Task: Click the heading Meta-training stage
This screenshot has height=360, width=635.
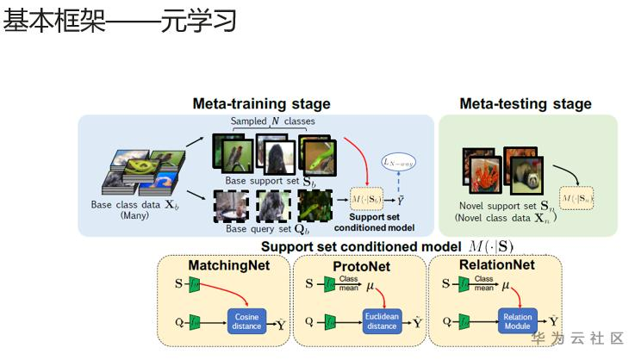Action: (261, 104)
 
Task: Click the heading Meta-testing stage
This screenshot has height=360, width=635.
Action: (526, 104)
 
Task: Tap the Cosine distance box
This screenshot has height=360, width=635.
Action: (246, 322)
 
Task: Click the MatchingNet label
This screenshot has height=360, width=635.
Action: (229, 265)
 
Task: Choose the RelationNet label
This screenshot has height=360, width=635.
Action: (494, 265)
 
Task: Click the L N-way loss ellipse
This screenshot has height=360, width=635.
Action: (398, 161)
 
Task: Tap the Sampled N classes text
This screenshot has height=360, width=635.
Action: (272, 121)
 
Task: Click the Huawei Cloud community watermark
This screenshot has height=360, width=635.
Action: (577, 338)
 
